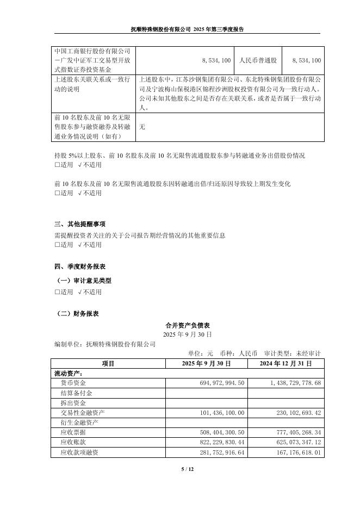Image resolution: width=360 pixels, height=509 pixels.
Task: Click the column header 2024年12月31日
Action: (285, 363)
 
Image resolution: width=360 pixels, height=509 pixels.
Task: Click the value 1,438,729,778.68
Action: (288, 383)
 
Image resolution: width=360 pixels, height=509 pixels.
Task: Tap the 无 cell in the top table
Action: (142, 126)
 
